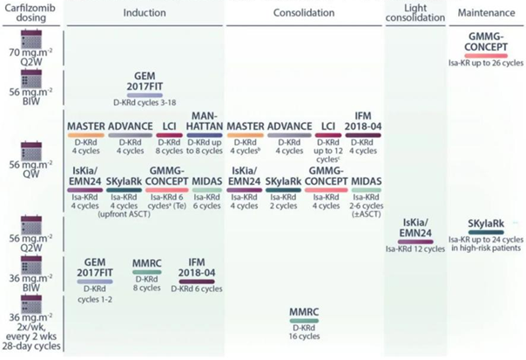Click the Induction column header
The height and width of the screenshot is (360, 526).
[145, 14]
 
